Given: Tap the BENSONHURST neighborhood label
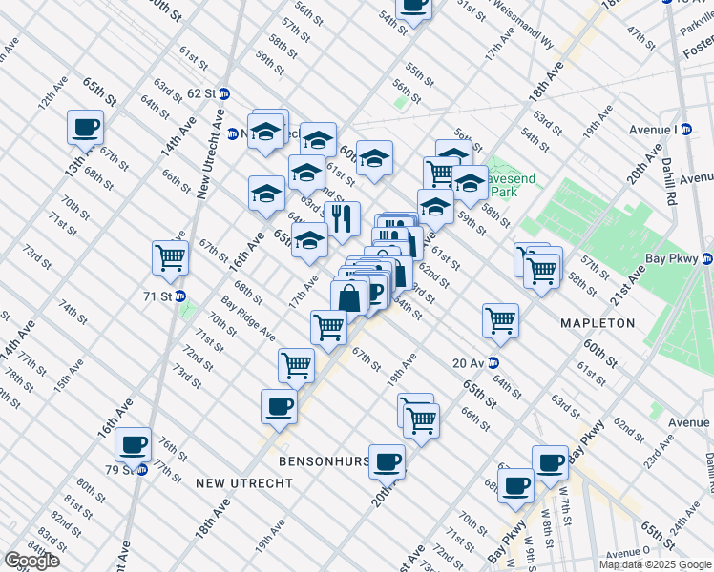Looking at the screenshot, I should pyautogui.click(x=324, y=461).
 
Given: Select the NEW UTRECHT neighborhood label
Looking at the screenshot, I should pyautogui.click(x=243, y=483).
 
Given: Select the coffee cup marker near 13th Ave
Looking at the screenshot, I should pyautogui.click(x=85, y=127).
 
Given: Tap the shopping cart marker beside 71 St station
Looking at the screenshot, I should pyautogui.click(x=170, y=257).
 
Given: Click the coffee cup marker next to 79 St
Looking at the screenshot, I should pyautogui.click(x=133, y=444).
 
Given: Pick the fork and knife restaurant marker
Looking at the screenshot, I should pyautogui.click(x=342, y=218).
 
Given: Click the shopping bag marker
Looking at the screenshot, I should pyautogui.click(x=349, y=296).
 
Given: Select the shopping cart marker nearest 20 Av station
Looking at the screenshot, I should pyautogui.click(x=500, y=321).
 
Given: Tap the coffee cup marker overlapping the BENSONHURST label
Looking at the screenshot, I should pyautogui.click(x=387, y=461).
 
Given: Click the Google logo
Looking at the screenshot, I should pyautogui.click(x=31, y=561).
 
